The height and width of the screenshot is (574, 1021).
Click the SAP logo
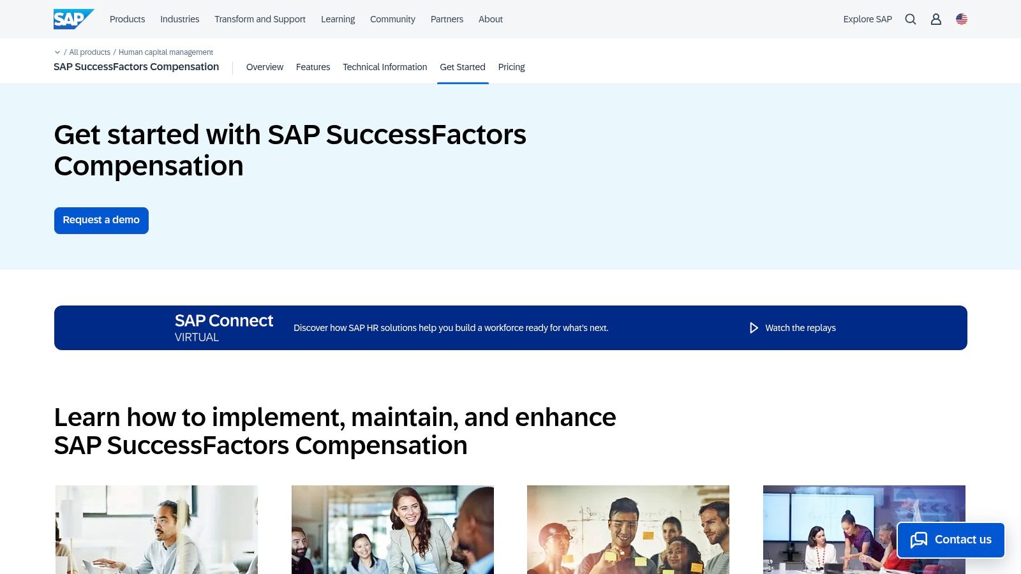(73, 19)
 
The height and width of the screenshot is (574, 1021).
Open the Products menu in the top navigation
(127, 19)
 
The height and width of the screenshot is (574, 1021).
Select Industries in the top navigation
(179, 19)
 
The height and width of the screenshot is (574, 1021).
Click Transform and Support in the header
(260, 19)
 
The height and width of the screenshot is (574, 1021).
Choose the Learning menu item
(338, 19)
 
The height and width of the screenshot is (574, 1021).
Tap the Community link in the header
(392, 19)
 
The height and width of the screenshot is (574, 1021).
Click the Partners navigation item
(447, 19)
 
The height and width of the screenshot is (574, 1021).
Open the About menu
(490, 19)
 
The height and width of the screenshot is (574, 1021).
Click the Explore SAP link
(867, 19)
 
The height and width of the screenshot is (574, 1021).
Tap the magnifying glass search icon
(911, 19)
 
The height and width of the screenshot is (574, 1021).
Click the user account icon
(936, 19)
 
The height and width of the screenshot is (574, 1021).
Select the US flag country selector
(962, 19)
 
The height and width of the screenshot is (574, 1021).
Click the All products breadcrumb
(89, 52)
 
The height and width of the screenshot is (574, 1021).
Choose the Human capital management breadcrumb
(166, 52)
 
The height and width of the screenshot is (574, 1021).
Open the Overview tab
(265, 67)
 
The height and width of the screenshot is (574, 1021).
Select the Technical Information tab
(385, 67)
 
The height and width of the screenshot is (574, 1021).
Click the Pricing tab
(511, 67)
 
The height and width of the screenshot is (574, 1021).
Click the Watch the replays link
(800, 328)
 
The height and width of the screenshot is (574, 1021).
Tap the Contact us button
(951, 540)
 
